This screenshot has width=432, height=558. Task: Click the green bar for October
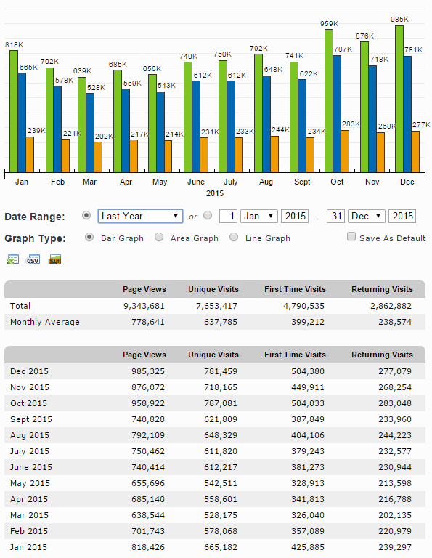pos(329,101)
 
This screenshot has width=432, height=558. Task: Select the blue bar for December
pos(407,114)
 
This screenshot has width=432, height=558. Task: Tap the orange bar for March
pos(98,157)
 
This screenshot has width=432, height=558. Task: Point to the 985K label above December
pos(399,19)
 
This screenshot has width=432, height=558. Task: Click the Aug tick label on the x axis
pos(266,182)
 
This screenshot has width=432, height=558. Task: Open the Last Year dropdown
pos(140,216)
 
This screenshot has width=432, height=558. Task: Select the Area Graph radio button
pos(159,237)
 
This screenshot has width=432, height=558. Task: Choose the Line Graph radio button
pos(234,237)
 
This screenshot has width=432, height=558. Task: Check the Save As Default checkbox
pos(351,236)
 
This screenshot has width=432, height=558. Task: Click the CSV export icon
pos(33,259)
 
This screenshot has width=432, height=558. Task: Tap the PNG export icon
pos(54,259)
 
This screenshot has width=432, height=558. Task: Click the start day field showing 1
pos(228,216)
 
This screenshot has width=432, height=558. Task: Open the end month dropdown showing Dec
pos(366,216)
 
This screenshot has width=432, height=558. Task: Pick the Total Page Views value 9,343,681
pos(144,306)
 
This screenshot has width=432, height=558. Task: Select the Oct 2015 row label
pos(28,403)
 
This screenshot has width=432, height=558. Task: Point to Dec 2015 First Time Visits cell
pos(308,371)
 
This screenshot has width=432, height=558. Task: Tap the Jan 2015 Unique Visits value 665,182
pos(221,547)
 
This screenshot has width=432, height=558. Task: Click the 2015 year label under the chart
pos(215,193)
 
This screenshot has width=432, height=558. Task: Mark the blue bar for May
pos(160,132)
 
